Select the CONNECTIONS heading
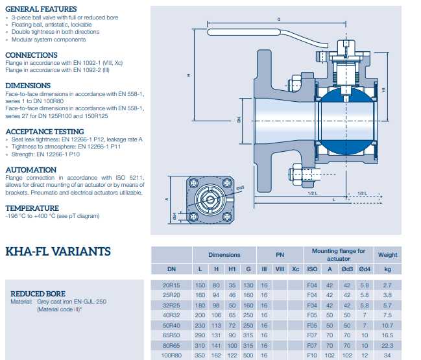tap(31, 55)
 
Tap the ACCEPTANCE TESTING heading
tap(45, 131)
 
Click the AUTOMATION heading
tap(30, 169)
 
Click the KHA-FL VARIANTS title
tap(58, 252)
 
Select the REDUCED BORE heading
tap(38, 294)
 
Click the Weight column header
tap(387, 255)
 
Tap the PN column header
tap(280, 255)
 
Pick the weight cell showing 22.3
tap(387, 345)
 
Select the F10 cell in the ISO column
tap(312, 355)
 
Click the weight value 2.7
tap(387, 285)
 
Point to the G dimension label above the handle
tap(278, 19)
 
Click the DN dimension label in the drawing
tap(238, 119)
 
